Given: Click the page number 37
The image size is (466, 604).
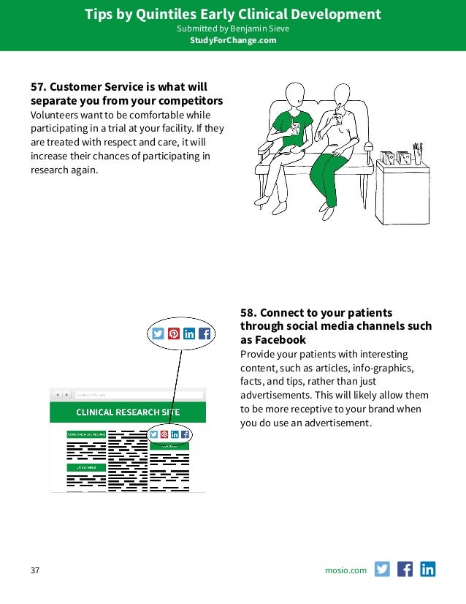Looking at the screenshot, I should [x=34, y=570].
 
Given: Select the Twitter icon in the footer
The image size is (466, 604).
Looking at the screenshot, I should [x=382, y=569].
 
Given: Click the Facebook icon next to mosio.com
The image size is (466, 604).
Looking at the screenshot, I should [x=405, y=569].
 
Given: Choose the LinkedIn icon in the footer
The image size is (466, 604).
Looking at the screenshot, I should [x=427, y=569].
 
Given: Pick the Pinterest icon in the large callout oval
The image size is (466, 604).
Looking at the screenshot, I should [x=174, y=333].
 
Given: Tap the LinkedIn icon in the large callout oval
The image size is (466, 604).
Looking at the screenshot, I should [x=189, y=333].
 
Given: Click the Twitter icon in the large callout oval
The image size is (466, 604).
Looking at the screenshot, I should [x=158, y=333].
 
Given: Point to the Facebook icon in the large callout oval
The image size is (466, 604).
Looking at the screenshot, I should [x=205, y=333].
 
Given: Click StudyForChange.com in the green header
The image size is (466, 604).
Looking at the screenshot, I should [x=233, y=40].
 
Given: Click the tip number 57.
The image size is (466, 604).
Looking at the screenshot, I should [x=37, y=86].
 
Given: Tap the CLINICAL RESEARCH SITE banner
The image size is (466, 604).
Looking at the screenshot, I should [x=128, y=412].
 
